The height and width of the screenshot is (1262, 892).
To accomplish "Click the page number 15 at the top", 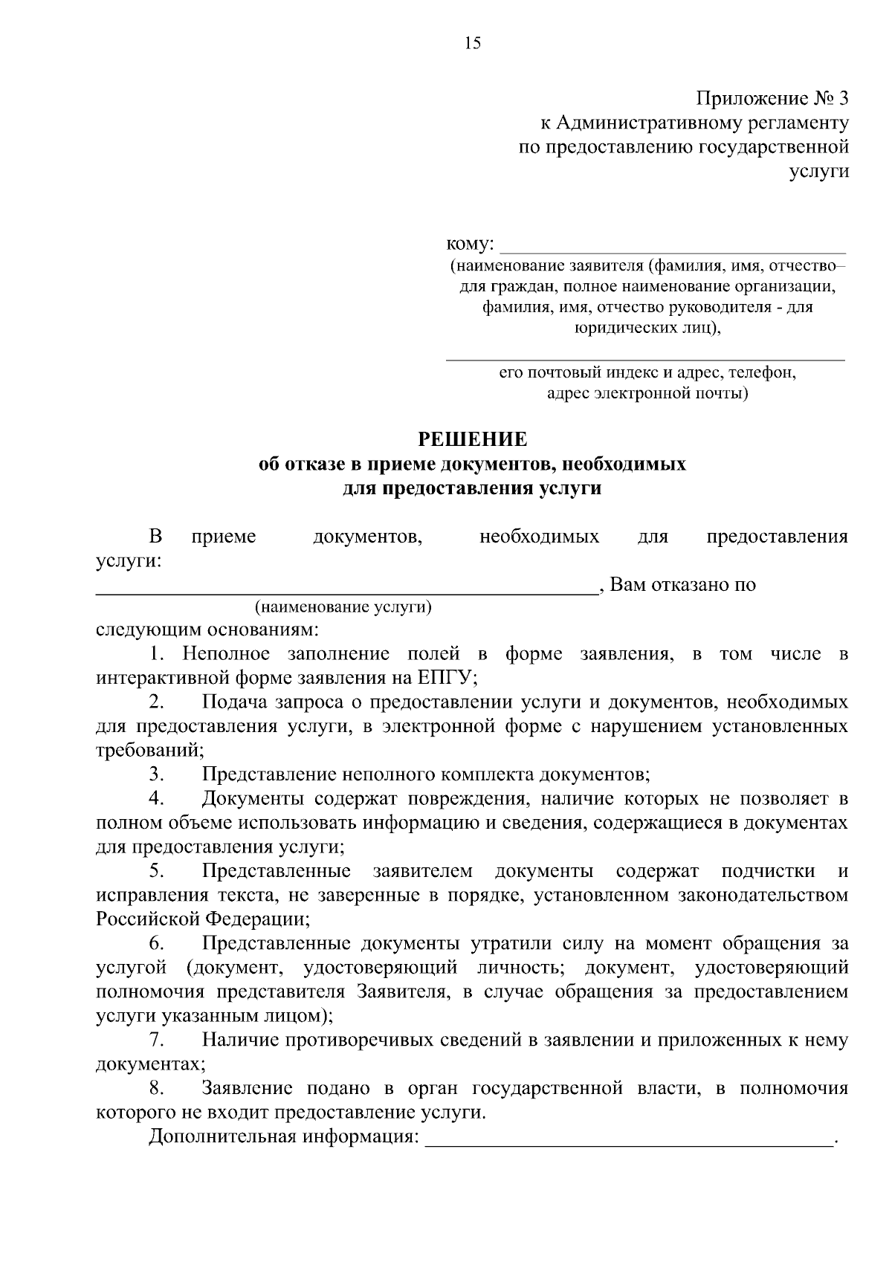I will click(473, 43).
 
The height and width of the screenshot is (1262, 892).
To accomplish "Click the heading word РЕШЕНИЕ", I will click(473, 440).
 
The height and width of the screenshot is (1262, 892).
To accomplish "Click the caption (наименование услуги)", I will click(343, 607).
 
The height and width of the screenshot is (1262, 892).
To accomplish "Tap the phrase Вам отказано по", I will click(682, 585).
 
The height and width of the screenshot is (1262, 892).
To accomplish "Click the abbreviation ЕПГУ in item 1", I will click(445, 678).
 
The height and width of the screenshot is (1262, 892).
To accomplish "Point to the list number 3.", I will click(156, 774).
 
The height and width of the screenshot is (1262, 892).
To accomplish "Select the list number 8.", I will click(156, 1089).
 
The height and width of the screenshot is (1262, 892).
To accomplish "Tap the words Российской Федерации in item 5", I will click(202, 919).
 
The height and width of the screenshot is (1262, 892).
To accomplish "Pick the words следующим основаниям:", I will click(207, 631).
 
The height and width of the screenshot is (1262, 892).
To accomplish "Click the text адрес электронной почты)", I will click(647, 394).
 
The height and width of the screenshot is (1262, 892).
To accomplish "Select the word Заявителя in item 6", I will click(402, 992).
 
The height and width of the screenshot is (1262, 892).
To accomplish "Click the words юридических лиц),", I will click(647, 327).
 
